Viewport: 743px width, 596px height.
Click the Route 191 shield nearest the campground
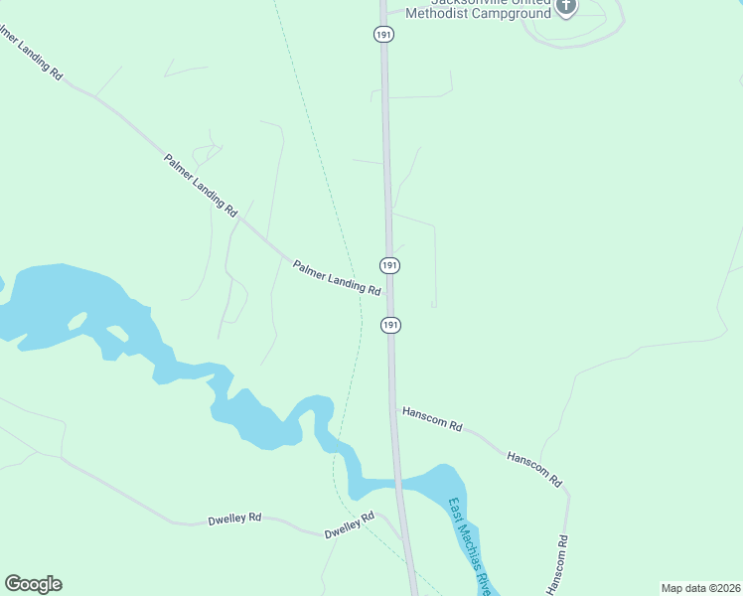click(x=384, y=35)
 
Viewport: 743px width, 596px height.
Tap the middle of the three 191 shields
click(x=389, y=265)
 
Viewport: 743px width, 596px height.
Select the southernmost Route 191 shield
click(x=390, y=325)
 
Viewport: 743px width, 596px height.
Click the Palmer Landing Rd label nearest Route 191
click(x=337, y=278)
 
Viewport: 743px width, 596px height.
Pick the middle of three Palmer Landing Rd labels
click(x=201, y=185)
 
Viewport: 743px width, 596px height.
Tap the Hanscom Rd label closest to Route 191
click(x=432, y=419)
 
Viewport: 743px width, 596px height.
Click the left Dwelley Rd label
click(x=234, y=519)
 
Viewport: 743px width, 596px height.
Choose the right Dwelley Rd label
click(x=350, y=525)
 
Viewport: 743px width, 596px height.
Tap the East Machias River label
click(x=471, y=545)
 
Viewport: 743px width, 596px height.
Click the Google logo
click(x=33, y=584)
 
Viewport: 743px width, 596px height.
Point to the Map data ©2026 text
click(x=700, y=588)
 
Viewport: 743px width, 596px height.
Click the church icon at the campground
click(x=566, y=6)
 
